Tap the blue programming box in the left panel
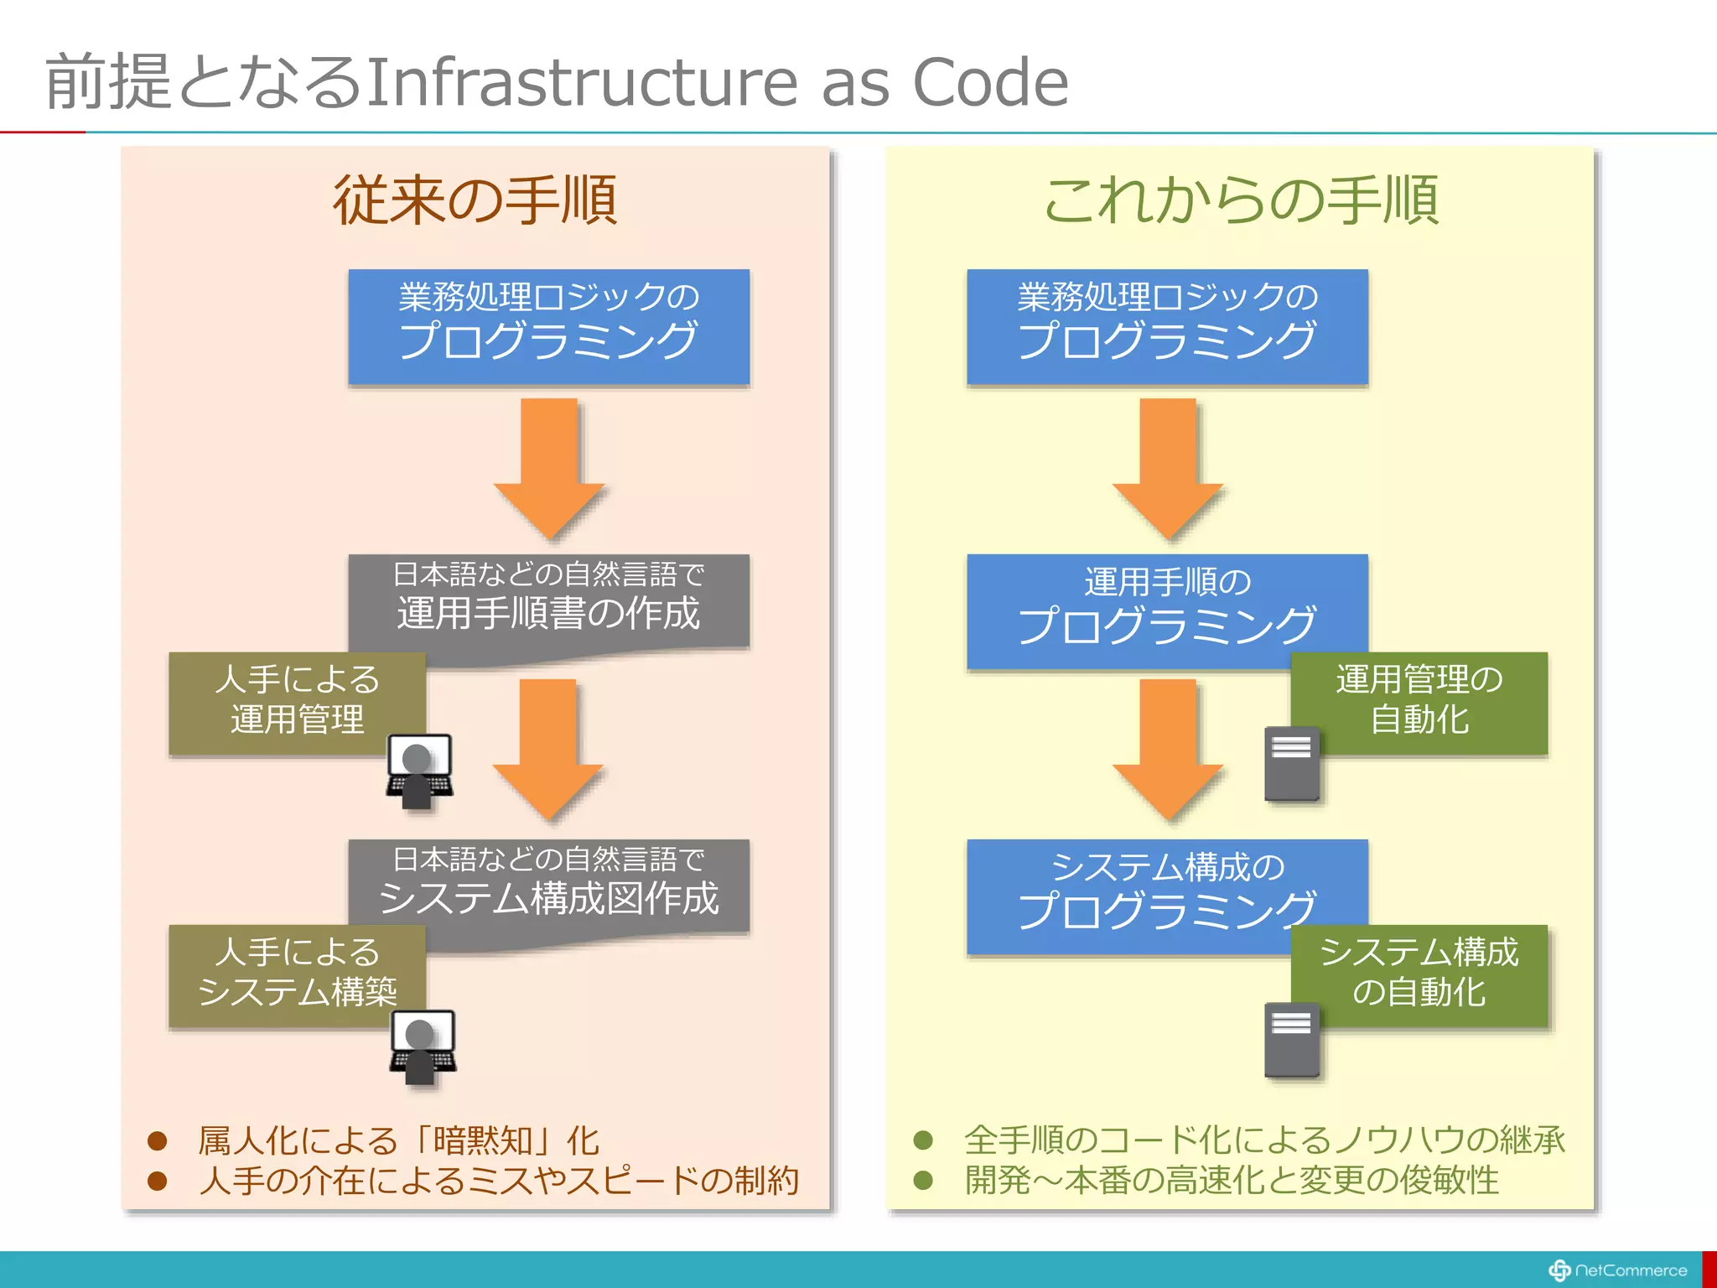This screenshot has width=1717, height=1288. click(549, 326)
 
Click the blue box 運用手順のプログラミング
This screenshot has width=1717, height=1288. click(1167, 608)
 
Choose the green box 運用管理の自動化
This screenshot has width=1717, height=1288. click(1419, 700)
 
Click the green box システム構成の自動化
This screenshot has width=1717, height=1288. click(1419, 973)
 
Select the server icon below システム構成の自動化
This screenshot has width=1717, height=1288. click(1291, 1040)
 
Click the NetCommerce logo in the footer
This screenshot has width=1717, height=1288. click(1617, 1270)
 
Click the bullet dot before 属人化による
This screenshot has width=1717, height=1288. click(157, 1140)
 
